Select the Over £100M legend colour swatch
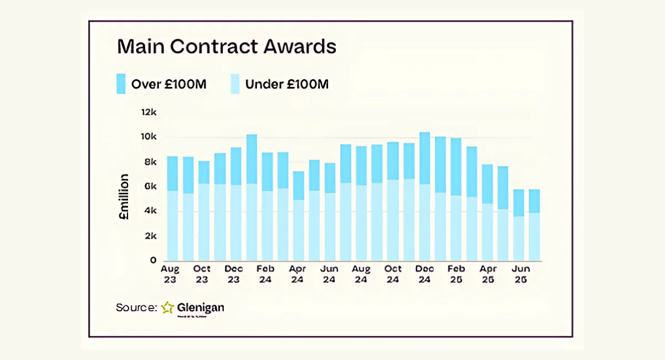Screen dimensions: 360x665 point(121,84)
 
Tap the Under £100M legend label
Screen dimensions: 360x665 point(287,85)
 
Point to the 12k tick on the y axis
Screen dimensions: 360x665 point(149,112)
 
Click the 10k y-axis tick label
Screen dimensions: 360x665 point(149,137)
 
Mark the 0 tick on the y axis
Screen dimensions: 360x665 point(153,260)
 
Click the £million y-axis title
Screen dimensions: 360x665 point(124,198)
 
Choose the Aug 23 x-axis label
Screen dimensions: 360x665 point(170,274)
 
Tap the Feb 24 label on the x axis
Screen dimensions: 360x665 point(266,274)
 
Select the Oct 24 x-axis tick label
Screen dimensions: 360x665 point(393,274)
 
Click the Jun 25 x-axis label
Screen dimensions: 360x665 point(520,274)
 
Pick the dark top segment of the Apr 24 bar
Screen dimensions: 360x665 point(299,186)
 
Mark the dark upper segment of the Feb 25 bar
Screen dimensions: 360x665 point(456,167)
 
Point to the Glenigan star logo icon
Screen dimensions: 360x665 point(168,307)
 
